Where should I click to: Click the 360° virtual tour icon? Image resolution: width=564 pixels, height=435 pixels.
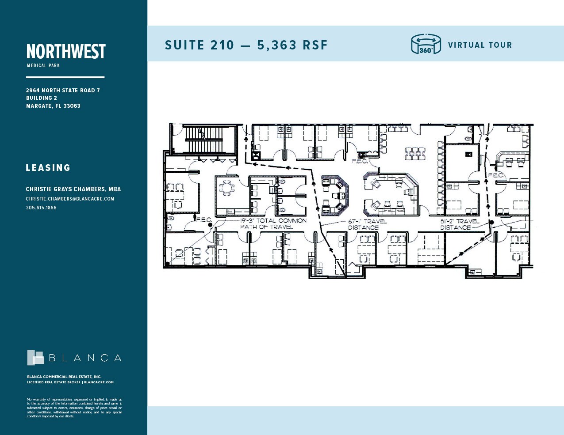point(426,45)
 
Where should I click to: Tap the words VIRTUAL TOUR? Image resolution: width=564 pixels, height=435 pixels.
point(480,45)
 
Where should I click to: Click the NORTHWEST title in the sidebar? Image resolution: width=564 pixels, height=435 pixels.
point(66,52)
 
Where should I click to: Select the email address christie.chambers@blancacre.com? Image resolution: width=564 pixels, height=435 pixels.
point(70,199)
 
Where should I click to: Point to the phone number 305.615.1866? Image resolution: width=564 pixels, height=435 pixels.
point(41,208)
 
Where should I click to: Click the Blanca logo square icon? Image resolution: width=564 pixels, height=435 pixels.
point(35,358)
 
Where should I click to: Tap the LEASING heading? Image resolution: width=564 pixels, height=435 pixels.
point(48,168)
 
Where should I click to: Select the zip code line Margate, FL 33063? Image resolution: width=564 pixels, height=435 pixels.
point(53,106)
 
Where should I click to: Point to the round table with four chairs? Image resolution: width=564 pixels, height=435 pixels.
point(227,189)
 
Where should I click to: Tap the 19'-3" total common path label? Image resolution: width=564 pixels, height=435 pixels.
point(273,223)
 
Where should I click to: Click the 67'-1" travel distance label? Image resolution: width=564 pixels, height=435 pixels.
point(367,224)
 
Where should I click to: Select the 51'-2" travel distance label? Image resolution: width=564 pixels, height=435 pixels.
point(459,224)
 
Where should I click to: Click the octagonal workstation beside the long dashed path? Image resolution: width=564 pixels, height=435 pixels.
point(334,195)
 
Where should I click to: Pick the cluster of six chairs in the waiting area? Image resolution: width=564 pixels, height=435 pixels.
point(414,154)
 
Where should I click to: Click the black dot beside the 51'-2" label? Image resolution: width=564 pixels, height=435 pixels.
point(491,222)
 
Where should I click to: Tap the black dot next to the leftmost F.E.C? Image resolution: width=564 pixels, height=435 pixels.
point(210,225)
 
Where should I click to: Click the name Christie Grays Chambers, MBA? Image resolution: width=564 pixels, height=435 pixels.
point(73,189)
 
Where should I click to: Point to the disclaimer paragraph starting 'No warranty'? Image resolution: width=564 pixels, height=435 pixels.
point(74,408)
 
